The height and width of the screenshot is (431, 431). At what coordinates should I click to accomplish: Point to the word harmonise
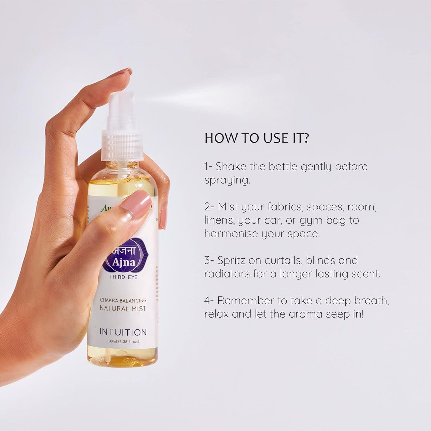pyautogui.click(x=231, y=234)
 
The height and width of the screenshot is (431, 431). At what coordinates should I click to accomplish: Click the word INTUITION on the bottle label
pyautogui.click(x=123, y=332)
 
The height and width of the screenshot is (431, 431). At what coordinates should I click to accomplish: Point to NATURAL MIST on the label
pyautogui.click(x=123, y=308)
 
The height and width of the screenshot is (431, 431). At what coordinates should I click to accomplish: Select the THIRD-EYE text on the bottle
pyautogui.click(x=123, y=277)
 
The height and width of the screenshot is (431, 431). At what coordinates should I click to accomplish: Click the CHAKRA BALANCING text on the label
pyautogui.click(x=123, y=300)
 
